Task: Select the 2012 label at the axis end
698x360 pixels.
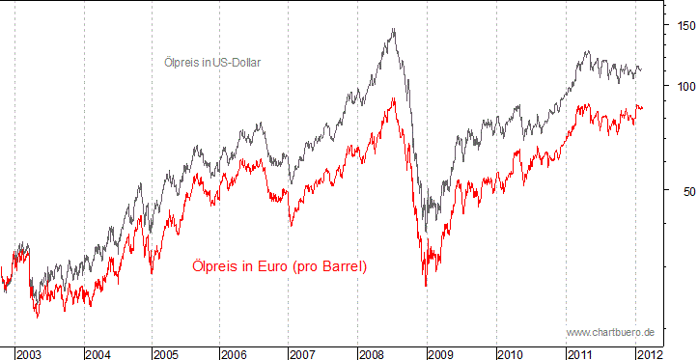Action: point(649,354)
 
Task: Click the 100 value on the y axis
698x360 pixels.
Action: point(683,85)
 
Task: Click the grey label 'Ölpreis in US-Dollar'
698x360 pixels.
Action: point(212,63)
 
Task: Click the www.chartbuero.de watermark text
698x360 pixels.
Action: point(610,332)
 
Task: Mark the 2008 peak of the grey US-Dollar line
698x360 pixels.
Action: point(393,29)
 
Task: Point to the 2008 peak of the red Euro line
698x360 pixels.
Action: point(393,97)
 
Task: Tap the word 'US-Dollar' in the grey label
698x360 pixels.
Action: point(237,63)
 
